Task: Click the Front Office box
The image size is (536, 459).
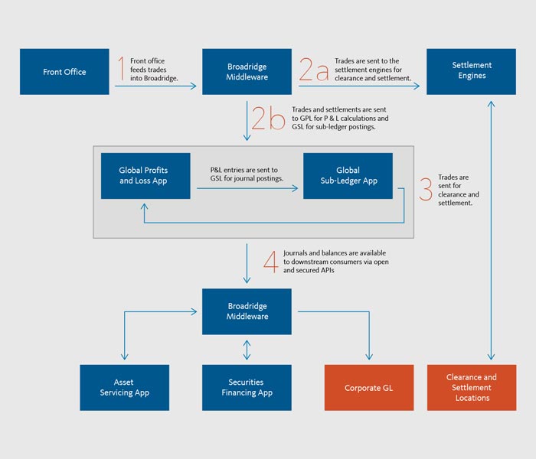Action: click(x=64, y=72)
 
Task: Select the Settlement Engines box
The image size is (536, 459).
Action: click(x=471, y=72)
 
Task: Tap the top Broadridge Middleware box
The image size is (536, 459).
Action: click(x=247, y=72)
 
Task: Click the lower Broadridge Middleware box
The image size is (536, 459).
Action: click(x=247, y=311)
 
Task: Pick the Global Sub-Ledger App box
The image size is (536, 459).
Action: click(x=348, y=176)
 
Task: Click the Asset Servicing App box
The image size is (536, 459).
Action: click(x=124, y=387)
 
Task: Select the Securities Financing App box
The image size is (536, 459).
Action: click(x=247, y=387)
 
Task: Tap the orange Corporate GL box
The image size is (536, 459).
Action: click(x=369, y=387)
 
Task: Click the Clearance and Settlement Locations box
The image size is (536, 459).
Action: click(x=471, y=387)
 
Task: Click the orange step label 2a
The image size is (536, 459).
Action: click(x=313, y=70)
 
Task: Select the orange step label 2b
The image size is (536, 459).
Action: click(x=268, y=119)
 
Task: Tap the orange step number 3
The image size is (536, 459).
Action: click(x=426, y=189)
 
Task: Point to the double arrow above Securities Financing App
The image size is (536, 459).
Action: click(x=247, y=350)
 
